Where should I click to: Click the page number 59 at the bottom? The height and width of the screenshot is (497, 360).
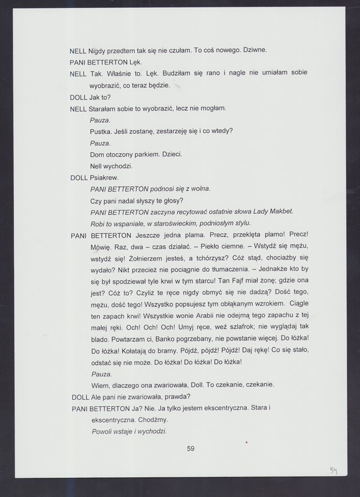point(190,448)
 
